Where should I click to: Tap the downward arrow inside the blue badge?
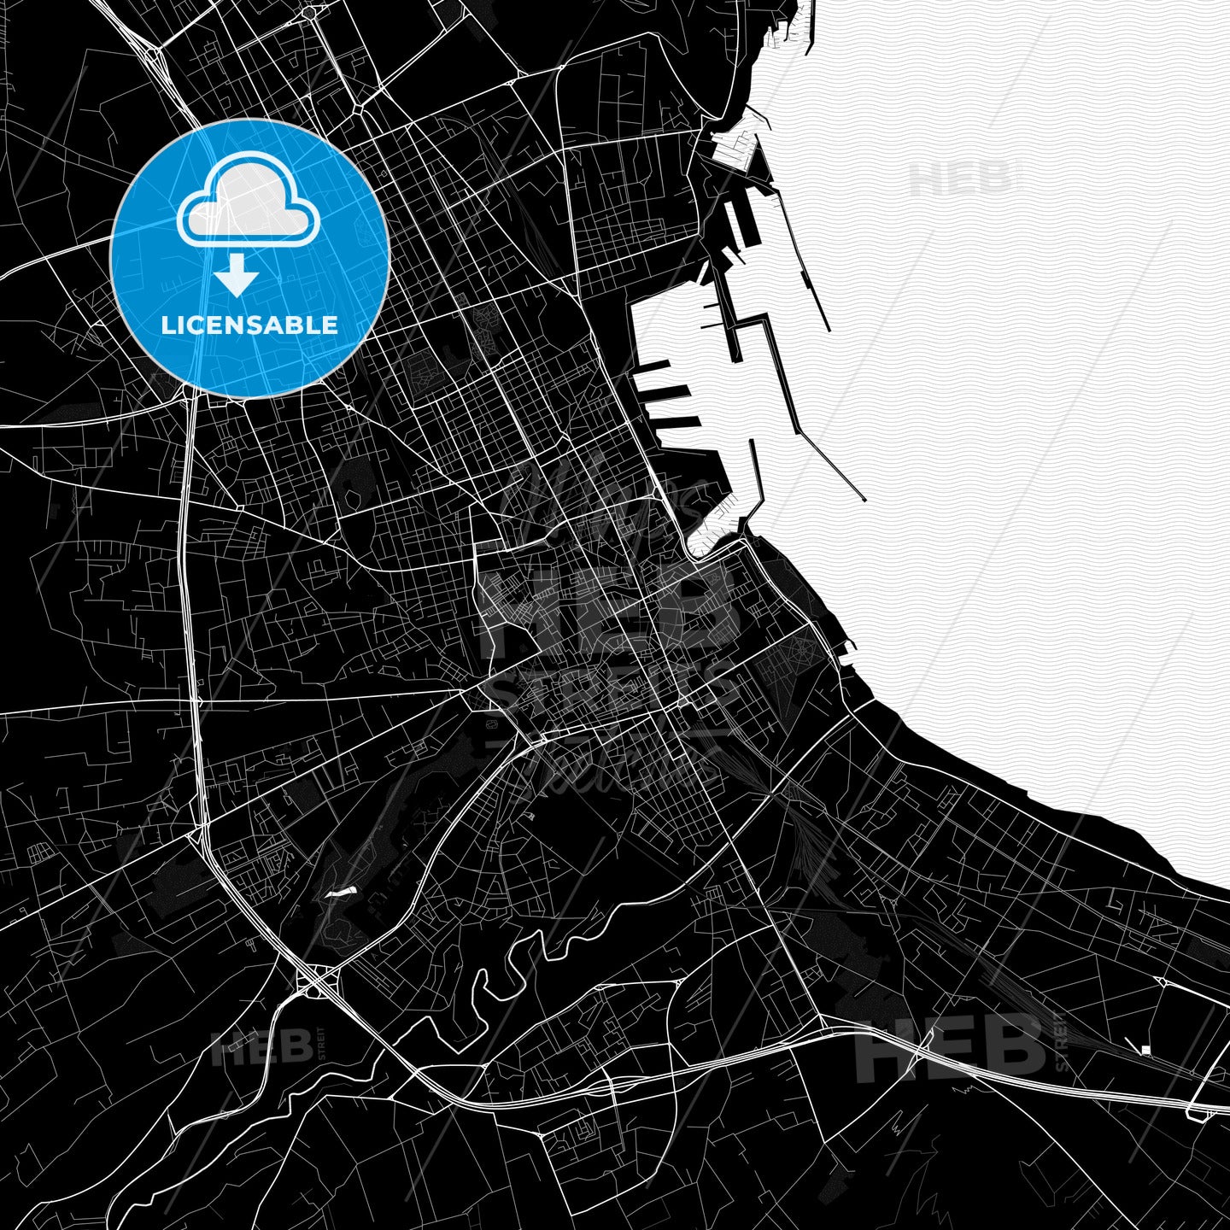click(x=236, y=276)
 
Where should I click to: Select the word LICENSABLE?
click(x=249, y=325)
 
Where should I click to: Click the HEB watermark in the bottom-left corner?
click(x=261, y=1047)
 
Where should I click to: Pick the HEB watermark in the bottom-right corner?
click(x=950, y=1046)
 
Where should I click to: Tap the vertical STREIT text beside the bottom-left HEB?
click(x=322, y=1045)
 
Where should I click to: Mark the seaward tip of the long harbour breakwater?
click(x=864, y=499)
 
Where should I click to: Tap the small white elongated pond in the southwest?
click(x=339, y=893)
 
